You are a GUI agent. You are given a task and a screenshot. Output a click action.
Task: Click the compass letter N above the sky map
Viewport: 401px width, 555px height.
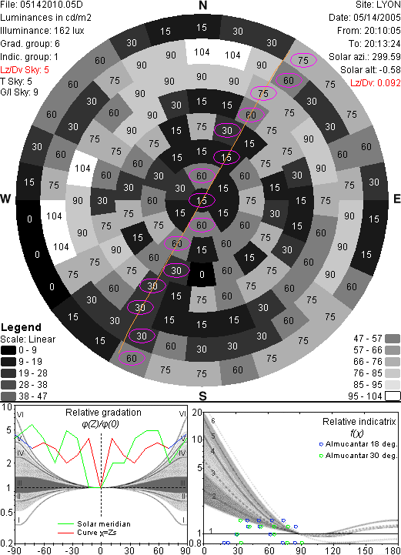[x=202, y=5]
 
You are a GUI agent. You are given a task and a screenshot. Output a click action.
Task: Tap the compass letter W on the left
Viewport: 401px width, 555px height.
[x=5, y=199]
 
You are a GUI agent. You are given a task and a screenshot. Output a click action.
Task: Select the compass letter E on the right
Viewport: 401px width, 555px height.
[x=396, y=199]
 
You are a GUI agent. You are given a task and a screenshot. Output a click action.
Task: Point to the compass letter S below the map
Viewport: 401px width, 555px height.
[x=202, y=396]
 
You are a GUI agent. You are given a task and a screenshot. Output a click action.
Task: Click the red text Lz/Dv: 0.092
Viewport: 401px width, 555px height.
[x=376, y=83]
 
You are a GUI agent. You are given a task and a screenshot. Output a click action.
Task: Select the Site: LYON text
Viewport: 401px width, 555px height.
[x=378, y=5]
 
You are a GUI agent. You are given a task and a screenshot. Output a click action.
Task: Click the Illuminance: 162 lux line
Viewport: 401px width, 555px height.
[x=42, y=31]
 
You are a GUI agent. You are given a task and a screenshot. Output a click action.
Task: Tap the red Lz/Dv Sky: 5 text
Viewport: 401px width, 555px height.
[x=25, y=70]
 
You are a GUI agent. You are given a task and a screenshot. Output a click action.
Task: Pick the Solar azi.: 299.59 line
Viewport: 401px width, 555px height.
[x=365, y=57]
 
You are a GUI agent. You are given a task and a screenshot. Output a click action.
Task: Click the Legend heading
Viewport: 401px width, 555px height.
[x=22, y=327]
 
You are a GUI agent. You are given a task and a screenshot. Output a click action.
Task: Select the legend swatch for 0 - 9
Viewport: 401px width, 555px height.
[x=8, y=350]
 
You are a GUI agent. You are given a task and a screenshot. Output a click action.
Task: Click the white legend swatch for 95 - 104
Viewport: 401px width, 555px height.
[x=393, y=396]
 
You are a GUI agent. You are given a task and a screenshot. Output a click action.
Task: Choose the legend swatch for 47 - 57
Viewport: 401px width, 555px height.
[x=393, y=339]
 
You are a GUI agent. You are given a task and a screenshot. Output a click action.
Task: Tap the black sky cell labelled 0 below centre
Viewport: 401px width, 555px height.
[x=202, y=274]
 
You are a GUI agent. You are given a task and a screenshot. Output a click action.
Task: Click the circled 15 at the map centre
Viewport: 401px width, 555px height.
[x=202, y=200]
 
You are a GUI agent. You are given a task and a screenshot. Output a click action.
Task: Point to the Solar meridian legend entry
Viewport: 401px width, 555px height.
[x=95, y=524]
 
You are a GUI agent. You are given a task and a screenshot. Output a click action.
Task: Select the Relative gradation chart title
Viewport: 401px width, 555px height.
[x=103, y=413]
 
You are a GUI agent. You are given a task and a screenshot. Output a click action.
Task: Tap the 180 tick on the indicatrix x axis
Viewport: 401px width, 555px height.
[x=393, y=550]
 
